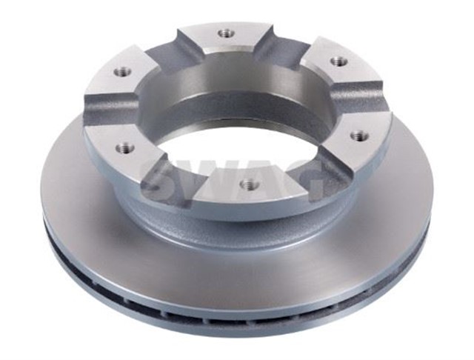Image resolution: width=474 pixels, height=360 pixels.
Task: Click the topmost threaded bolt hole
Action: pos(225,33)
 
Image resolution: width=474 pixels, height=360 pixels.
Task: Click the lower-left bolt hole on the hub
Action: pos(124,148)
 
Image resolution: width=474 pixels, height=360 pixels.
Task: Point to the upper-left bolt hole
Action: pos(122,73)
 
